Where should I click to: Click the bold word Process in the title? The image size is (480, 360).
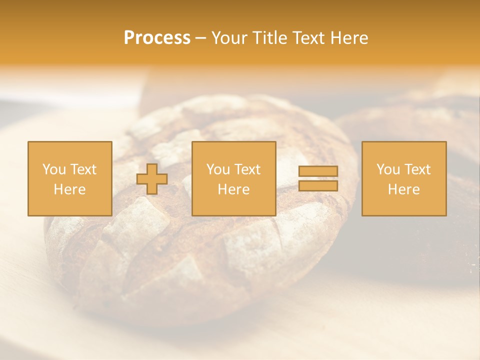coord(157,38)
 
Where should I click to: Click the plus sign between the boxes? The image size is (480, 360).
coord(152,179)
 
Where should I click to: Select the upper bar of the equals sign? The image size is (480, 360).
coord(318,171)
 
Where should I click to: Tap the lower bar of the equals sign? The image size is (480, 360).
coord(318,186)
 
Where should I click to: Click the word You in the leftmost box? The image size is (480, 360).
coord(53,169)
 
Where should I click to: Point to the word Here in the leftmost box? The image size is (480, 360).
coord(69,189)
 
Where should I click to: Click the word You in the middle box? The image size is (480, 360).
coord(217,169)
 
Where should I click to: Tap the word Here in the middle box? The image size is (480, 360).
coord(233,189)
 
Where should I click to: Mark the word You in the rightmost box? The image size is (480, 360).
coord(387,169)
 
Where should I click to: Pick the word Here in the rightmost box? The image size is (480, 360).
coord(403,189)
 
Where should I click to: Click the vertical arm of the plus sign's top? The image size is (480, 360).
coord(152,168)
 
